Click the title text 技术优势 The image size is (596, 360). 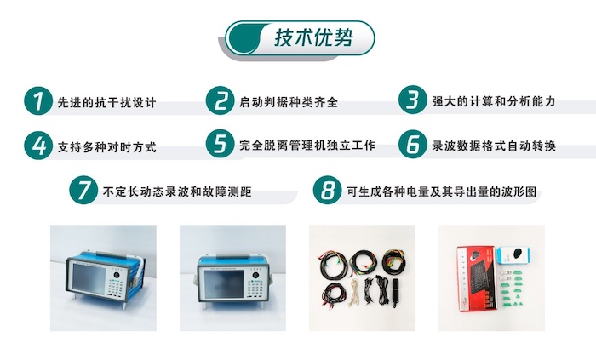click(313, 37)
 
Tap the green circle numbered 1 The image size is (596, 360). click(38, 100)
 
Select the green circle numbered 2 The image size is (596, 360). click(220, 100)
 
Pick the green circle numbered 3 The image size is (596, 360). click(412, 100)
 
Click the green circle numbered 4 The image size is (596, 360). click(38, 146)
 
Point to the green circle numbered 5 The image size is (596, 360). click(220, 144)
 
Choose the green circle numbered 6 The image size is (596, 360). click(412, 144)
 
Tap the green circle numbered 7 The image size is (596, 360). click(83, 190)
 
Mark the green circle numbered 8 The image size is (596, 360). click(327, 190)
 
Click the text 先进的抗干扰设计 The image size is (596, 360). click(106, 102)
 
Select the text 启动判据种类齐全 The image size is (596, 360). click(289, 102)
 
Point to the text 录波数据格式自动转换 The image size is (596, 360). click(494, 146)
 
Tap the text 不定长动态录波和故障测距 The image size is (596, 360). click(177, 191)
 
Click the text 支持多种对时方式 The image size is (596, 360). click(106, 147)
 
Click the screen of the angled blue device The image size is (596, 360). click(89, 279)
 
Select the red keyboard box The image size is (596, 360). click(477, 279)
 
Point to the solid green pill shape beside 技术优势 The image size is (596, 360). click(244, 37)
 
